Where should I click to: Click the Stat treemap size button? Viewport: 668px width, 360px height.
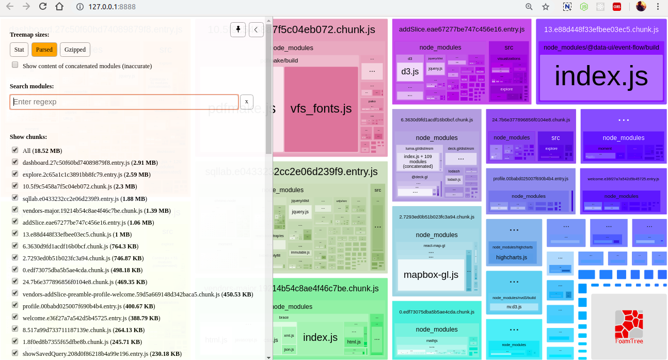(19, 50)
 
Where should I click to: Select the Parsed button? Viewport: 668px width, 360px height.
(44, 50)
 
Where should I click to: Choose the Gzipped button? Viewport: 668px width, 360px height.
(75, 50)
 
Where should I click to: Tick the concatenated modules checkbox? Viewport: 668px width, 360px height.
(15, 65)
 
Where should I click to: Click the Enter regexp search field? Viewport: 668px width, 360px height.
(124, 102)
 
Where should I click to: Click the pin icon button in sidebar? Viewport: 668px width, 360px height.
(237, 30)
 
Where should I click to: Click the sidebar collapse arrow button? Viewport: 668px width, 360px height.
(256, 30)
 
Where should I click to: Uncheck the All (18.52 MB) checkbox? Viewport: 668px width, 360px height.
(15, 150)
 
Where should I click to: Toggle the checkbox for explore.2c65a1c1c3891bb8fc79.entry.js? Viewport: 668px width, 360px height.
(15, 174)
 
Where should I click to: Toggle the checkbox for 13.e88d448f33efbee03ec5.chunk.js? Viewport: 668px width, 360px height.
(15, 233)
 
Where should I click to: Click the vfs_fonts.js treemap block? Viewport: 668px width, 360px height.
(321, 108)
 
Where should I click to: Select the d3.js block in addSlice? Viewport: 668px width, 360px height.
(410, 71)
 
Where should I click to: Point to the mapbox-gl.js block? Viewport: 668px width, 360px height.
(431, 274)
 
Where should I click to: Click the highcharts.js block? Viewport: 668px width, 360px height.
(511, 257)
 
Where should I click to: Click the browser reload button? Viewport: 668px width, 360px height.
(43, 7)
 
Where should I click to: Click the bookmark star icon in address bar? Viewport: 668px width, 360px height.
(546, 7)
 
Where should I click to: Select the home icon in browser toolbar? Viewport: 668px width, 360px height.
(60, 7)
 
